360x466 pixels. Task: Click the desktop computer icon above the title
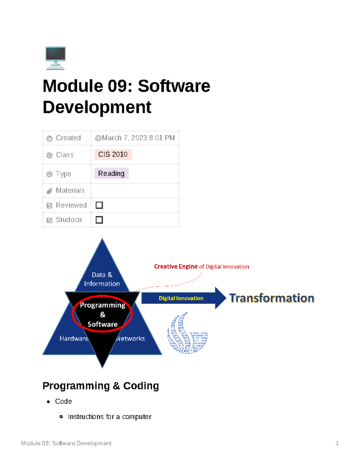coord(55,58)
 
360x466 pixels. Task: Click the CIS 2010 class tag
coord(113,155)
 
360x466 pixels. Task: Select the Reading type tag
coord(111,173)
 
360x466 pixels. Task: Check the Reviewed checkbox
coord(99,205)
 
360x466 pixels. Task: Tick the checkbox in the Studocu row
coord(99,220)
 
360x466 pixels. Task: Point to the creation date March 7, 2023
coord(135,138)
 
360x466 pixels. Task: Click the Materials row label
coord(70,191)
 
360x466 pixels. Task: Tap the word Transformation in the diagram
coord(271,298)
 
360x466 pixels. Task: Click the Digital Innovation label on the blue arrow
coord(181,298)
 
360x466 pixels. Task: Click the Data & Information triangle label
coord(102,279)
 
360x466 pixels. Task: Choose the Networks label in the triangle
coord(131,338)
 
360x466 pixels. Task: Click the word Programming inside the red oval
coord(103,305)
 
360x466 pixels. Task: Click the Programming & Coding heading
coord(100,386)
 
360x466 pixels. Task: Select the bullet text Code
coord(63,401)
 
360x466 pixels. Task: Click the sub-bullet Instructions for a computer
coord(109,417)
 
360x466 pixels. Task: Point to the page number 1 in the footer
coord(337,443)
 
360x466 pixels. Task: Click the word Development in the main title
coord(97,107)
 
